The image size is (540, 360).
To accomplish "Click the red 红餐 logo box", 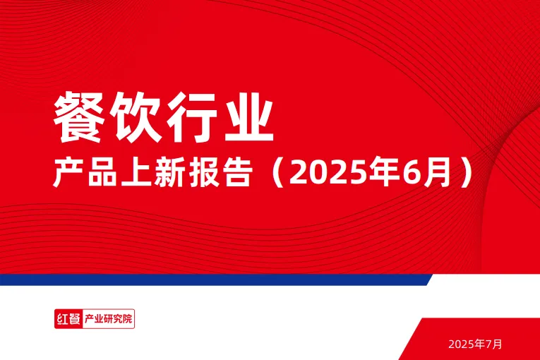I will point(68,319).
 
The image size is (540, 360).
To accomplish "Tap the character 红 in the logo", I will point(62,319).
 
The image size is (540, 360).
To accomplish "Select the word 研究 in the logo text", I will point(113,319).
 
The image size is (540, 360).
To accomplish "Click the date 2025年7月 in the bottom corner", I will point(476,344).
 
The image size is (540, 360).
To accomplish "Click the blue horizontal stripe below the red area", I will point(212,280).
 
